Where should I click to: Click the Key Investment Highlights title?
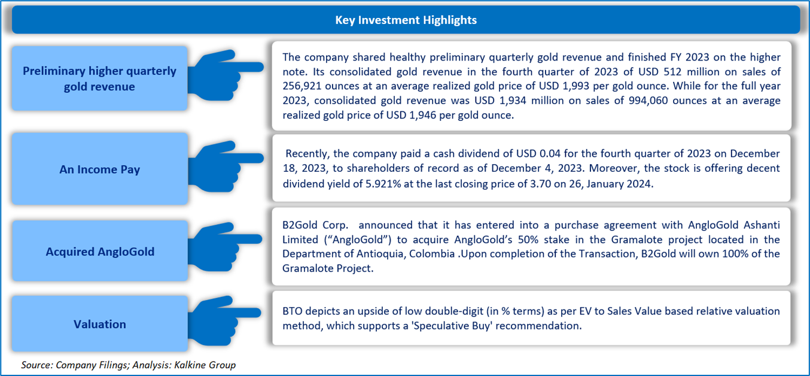(x=406, y=20)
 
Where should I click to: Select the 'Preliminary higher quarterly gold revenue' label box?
(x=99, y=78)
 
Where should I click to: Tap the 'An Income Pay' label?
(x=99, y=169)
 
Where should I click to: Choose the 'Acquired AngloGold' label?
(x=100, y=251)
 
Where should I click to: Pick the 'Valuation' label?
(x=100, y=324)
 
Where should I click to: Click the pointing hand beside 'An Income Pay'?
(x=224, y=166)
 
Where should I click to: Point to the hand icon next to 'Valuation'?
(x=224, y=321)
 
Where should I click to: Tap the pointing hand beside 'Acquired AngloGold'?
(x=224, y=247)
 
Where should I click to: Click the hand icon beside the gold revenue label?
(x=224, y=75)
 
